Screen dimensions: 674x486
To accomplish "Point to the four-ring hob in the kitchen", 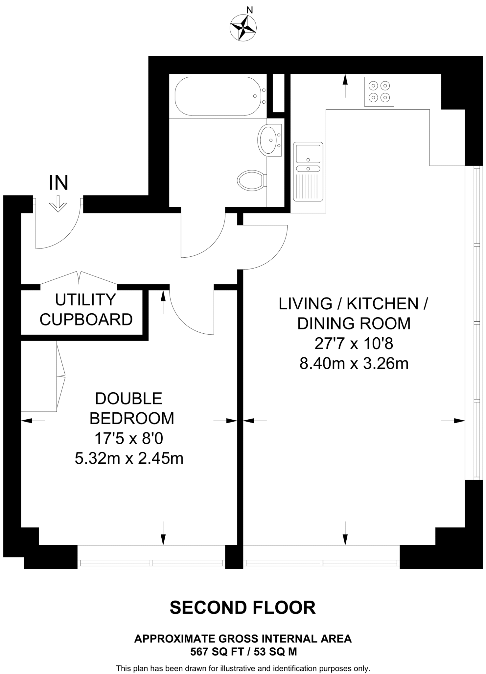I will (379, 91).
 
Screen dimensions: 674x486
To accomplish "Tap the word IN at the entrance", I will (58, 183).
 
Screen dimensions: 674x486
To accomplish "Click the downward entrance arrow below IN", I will (58, 204).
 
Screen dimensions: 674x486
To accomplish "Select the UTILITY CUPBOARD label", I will (86, 309).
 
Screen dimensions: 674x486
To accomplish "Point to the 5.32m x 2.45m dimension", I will (129, 458).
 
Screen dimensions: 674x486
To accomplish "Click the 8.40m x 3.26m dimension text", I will (354, 364).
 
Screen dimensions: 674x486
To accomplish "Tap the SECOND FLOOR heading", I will (243, 608).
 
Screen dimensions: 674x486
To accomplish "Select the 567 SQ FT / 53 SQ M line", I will (243, 652).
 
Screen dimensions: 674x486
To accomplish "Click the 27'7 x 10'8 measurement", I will (354, 344).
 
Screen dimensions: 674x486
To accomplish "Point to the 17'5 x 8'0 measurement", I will (129, 438).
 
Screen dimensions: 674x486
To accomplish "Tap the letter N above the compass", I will (250, 10).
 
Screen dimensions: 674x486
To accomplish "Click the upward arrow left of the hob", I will (345, 86).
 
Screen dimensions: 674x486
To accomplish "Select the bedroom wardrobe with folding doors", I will (39, 376).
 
